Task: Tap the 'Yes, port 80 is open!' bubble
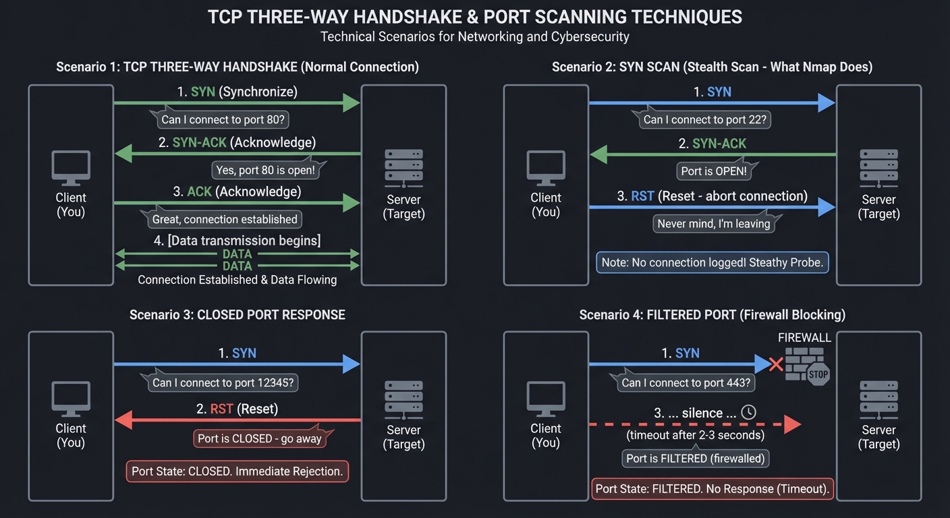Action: tap(265, 170)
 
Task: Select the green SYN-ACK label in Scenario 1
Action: tap(200, 142)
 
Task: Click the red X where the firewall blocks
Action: tap(776, 364)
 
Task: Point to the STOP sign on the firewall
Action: tap(818, 374)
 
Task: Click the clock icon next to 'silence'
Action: tap(748, 413)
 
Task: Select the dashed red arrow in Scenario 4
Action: tap(695, 425)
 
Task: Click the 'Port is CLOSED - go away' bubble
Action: tap(260, 438)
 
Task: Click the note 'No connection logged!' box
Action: tap(712, 262)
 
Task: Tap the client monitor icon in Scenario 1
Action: tap(71, 167)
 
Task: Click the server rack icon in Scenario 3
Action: tap(403, 399)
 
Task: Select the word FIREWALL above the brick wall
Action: tap(804, 338)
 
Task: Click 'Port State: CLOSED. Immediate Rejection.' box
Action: tap(237, 471)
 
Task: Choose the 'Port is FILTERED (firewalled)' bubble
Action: tap(696, 459)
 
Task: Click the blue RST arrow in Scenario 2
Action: tap(712, 208)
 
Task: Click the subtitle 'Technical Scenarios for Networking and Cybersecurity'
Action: tap(474, 36)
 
